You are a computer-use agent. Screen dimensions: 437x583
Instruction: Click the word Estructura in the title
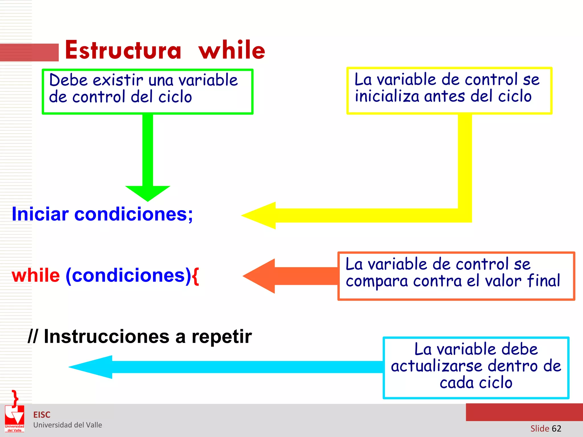[x=123, y=50]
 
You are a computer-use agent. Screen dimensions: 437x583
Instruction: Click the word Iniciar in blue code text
[x=40, y=214]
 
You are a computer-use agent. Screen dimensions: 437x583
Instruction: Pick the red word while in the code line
[x=36, y=275]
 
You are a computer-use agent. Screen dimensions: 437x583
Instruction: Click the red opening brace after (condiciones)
[x=195, y=275]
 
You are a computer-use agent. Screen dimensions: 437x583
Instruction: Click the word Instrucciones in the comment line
[x=107, y=337]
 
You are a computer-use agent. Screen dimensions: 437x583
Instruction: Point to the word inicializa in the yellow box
[x=387, y=96]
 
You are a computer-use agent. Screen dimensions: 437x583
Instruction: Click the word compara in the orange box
[x=377, y=281]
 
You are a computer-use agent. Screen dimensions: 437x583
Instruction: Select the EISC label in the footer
[x=42, y=415]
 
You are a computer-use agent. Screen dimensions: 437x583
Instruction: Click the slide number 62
[x=556, y=428]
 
